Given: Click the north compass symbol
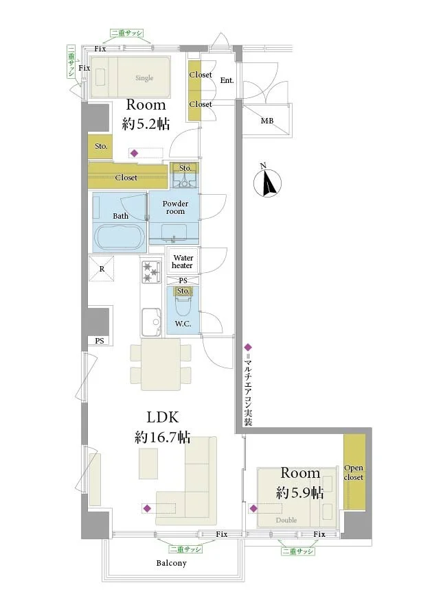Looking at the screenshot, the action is pyautogui.click(x=267, y=181).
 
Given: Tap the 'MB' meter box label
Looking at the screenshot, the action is pyautogui.click(x=267, y=121).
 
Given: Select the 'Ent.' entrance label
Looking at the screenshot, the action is pyautogui.click(x=227, y=80).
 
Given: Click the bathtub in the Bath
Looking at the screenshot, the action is pyautogui.click(x=119, y=237).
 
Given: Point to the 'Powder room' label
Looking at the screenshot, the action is pyautogui.click(x=175, y=207).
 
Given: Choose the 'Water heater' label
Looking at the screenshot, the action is pyautogui.click(x=183, y=261).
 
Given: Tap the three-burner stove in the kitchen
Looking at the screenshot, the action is pyautogui.click(x=151, y=271).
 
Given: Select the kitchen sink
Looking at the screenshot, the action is pyautogui.click(x=151, y=322).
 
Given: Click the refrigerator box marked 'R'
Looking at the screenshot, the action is pyautogui.click(x=102, y=269).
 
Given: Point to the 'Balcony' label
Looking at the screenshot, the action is pyautogui.click(x=171, y=563).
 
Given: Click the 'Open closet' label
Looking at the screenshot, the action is pyautogui.click(x=354, y=472).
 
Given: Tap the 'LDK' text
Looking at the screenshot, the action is pyautogui.click(x=163, y=418).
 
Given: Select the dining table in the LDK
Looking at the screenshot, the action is pyautogui.click(x=161, y=364).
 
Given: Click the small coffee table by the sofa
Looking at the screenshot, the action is pyautogui.click(x=148, y=464).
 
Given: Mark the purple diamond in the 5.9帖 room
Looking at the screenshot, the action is pyautogui.click(x=253, y=509).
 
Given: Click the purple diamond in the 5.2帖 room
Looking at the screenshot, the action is pyautogui.click(x=134, y=154).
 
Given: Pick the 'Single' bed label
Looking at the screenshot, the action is pyautogui.click(x=144, y=78).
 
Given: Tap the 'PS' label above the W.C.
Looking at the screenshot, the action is pyautogui.click(x=183, y=280).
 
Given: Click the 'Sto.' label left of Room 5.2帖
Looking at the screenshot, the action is pyautogui.click(x=101, y=146).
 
